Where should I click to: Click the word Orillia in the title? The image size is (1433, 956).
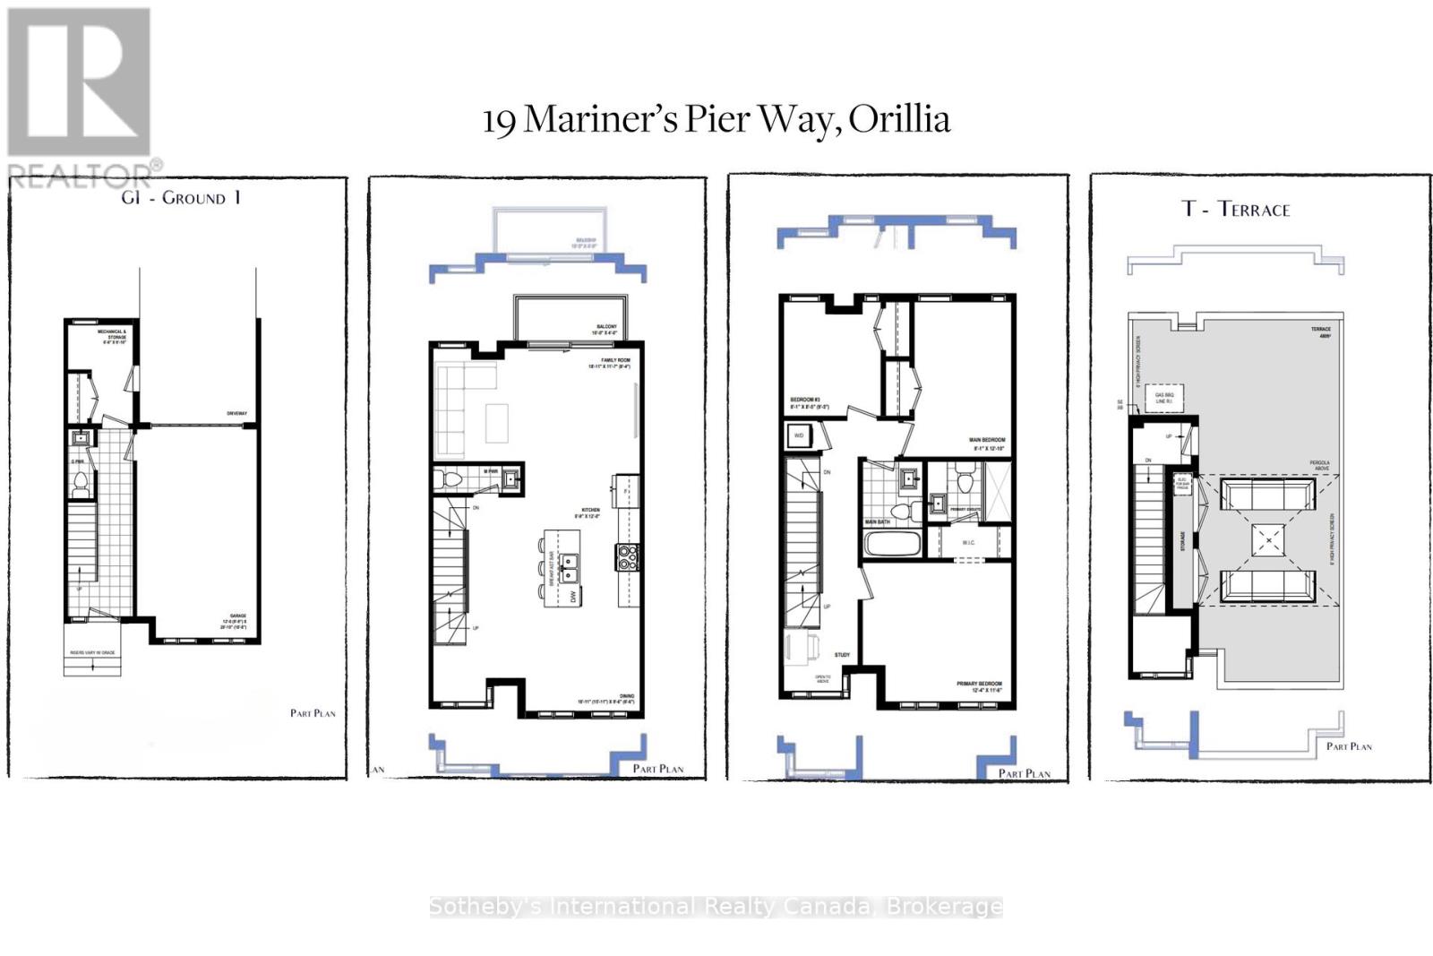pyautogui.click(x=898, y=119)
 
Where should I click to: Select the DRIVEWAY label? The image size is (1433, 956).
pyautogui.click(x=236, y=414)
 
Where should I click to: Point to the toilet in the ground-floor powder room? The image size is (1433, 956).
pyautogui.click(x=80, y=485)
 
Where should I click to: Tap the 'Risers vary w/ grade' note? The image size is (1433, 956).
pyautogui.click(x=92, y=653)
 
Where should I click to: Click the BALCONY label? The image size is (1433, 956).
pyautogui.click(x=605, y=328)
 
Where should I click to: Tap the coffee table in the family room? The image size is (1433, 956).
pyautogui.click(x=497, y=423)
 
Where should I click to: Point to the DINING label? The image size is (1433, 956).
pyautogui.click(x=626, y=696)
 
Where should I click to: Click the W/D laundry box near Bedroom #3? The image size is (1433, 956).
pyautogui.click(x=799, y=436)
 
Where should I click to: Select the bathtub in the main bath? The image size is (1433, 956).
pyautogui.click(x=892, y=545)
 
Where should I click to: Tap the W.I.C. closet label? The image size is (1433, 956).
pyautogui.click(x=969, y=542)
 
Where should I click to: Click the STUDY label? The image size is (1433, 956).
pyautogui.click(x=842, y=655)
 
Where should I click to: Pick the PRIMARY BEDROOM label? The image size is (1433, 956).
pyautogui.click(x=979, y=685)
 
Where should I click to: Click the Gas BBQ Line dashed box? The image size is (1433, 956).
pyautogui.click(x=1164, y=398)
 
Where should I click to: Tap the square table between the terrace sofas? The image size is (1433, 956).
pyautogui.click(x=1268, y=540)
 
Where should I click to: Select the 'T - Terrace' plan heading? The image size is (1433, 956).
pyautogui.click(x=1235, y=210)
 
